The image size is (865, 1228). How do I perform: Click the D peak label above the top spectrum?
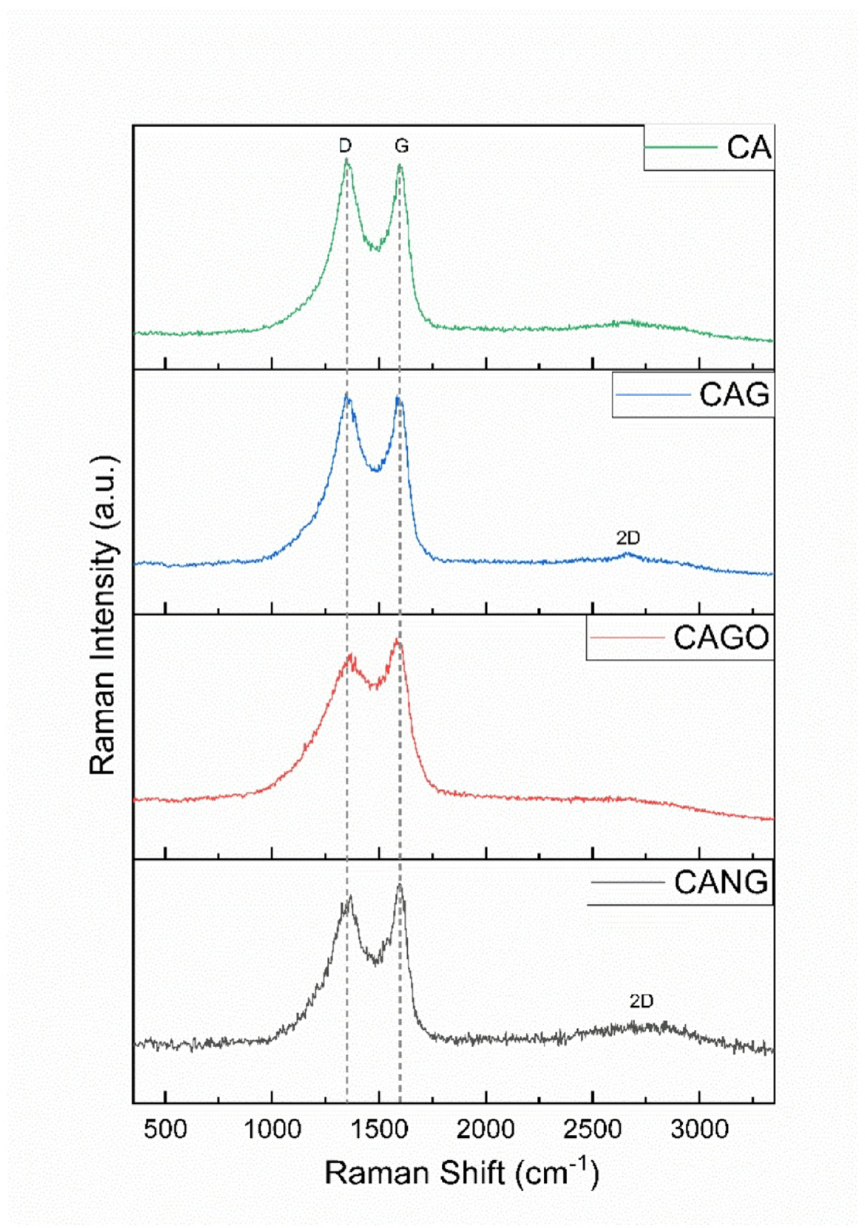click(x=345, y=145)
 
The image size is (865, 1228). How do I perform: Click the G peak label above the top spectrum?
click(x=401, y=145)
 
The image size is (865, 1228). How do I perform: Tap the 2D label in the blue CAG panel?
click(x=628, y=538)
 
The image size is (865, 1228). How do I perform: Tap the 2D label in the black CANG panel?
click(x=641, y=1001)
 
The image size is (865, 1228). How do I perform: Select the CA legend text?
click(x=749, y=147)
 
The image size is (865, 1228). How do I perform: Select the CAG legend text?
click(x=734, y=394)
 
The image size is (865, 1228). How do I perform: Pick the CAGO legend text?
click(x=721, y=638)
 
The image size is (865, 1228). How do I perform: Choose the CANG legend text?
click(x=721, y=882)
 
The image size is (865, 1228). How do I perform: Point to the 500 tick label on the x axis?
click(x=165, y=1130)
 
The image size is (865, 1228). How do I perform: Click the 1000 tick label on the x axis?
click(x=272, y=1130)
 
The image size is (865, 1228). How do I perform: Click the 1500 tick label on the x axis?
click(x=378, y=1130)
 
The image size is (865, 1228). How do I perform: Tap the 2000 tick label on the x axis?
click(x=486, y=1130)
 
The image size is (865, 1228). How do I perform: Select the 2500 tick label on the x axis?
click(x=592, y=1130)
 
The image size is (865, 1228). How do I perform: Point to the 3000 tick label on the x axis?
click(x=700, y=1130)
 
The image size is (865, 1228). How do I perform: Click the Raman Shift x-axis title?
click(x=462, y=1173)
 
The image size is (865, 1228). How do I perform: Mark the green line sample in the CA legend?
click(x=681, y=147)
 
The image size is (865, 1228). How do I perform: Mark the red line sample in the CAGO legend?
click(x=627, y=638)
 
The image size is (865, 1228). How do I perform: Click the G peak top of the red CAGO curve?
click(x=398, y=641)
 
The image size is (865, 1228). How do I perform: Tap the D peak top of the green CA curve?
click(x=346, y=160)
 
